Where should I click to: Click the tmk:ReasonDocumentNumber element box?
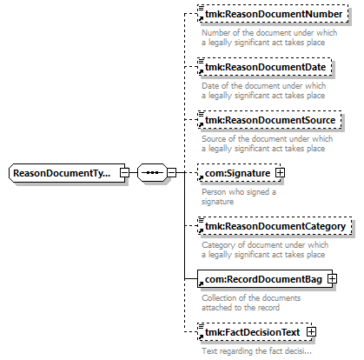point(273,14)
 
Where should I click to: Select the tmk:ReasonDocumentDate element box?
point(265,67)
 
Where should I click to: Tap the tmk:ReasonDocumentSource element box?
point(269,120)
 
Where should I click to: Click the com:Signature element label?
point(237,173)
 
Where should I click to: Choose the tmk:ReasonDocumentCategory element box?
point(275,226)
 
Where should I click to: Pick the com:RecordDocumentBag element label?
point(263,279)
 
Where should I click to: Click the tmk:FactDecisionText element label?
point(252,332)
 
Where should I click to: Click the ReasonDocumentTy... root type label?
point(62,173)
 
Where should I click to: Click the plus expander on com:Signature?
point(280,173)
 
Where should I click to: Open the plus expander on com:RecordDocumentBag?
point(332,279)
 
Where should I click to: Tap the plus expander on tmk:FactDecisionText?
point(311,332)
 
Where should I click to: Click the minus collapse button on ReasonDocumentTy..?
point(124,173)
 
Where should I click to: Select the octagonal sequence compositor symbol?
point(152,173)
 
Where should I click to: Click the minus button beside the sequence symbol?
point(172,173)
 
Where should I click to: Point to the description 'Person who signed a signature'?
point(239,197)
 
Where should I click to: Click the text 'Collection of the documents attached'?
point(251,303)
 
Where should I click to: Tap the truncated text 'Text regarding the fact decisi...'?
point(256,351)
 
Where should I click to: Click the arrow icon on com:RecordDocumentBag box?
point(201,283)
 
